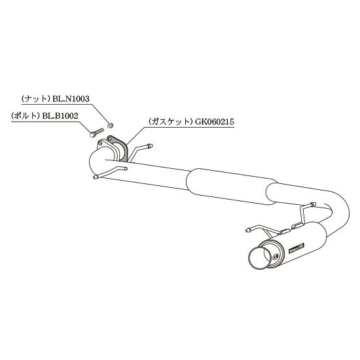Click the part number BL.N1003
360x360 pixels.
pos(71,99)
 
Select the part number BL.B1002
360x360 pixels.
pos(60,116)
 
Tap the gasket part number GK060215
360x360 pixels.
pos(215,122)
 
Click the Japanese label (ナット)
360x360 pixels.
pos(35,99)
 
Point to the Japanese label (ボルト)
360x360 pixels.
pos(26,116)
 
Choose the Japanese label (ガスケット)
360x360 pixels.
pos(170,122)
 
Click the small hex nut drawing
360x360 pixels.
pos(110,125)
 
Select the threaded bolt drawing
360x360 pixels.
pos(96,133)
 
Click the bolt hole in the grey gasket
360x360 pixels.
pos(110,139)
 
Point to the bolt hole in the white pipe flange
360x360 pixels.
pos(100,143)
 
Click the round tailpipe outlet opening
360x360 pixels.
pos(260,258)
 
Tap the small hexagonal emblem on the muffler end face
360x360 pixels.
pos(276,255)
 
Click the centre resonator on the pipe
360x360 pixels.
pos(232,187)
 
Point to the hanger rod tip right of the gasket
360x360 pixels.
pos(151,145)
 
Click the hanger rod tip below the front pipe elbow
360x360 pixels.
pos(96,177)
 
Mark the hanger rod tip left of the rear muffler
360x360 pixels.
pos(247,229)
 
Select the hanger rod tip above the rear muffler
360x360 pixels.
pos(312,204)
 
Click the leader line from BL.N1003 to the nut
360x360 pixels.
pos(100,113)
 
